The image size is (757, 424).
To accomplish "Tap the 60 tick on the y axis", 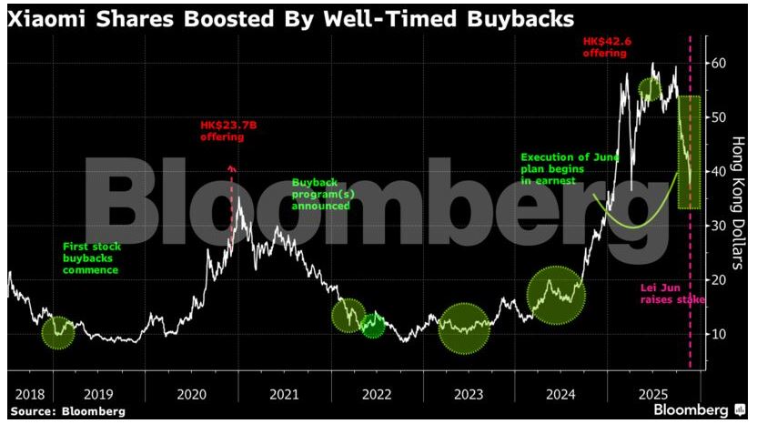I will (x=719, y=63).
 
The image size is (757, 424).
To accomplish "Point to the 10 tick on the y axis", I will (x=719, y=334).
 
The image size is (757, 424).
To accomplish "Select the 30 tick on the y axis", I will (x=719, y=226).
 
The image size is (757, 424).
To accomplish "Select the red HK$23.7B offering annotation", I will (x=223, y=131).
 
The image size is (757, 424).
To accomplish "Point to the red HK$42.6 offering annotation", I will (x=604, y=47).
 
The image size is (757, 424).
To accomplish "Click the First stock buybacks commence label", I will (x=90, y=257).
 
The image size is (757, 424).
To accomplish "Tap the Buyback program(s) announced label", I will (x=321, y=194).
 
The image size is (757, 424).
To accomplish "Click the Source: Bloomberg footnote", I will (x=67, y=411).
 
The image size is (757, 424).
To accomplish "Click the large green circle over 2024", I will (x=556, y=295).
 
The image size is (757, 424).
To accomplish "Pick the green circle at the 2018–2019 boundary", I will (x=57, y=331).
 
